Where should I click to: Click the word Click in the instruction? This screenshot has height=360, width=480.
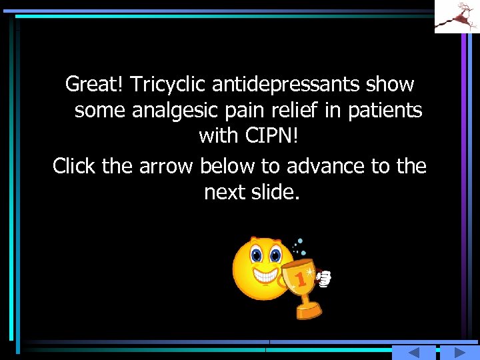pyautogui.click(x=74, y=165)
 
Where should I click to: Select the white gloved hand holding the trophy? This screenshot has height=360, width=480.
pyautogui.click(x=325, y=279)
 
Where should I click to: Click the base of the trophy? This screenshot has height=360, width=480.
pyautogui.click(x=308, y=311)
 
